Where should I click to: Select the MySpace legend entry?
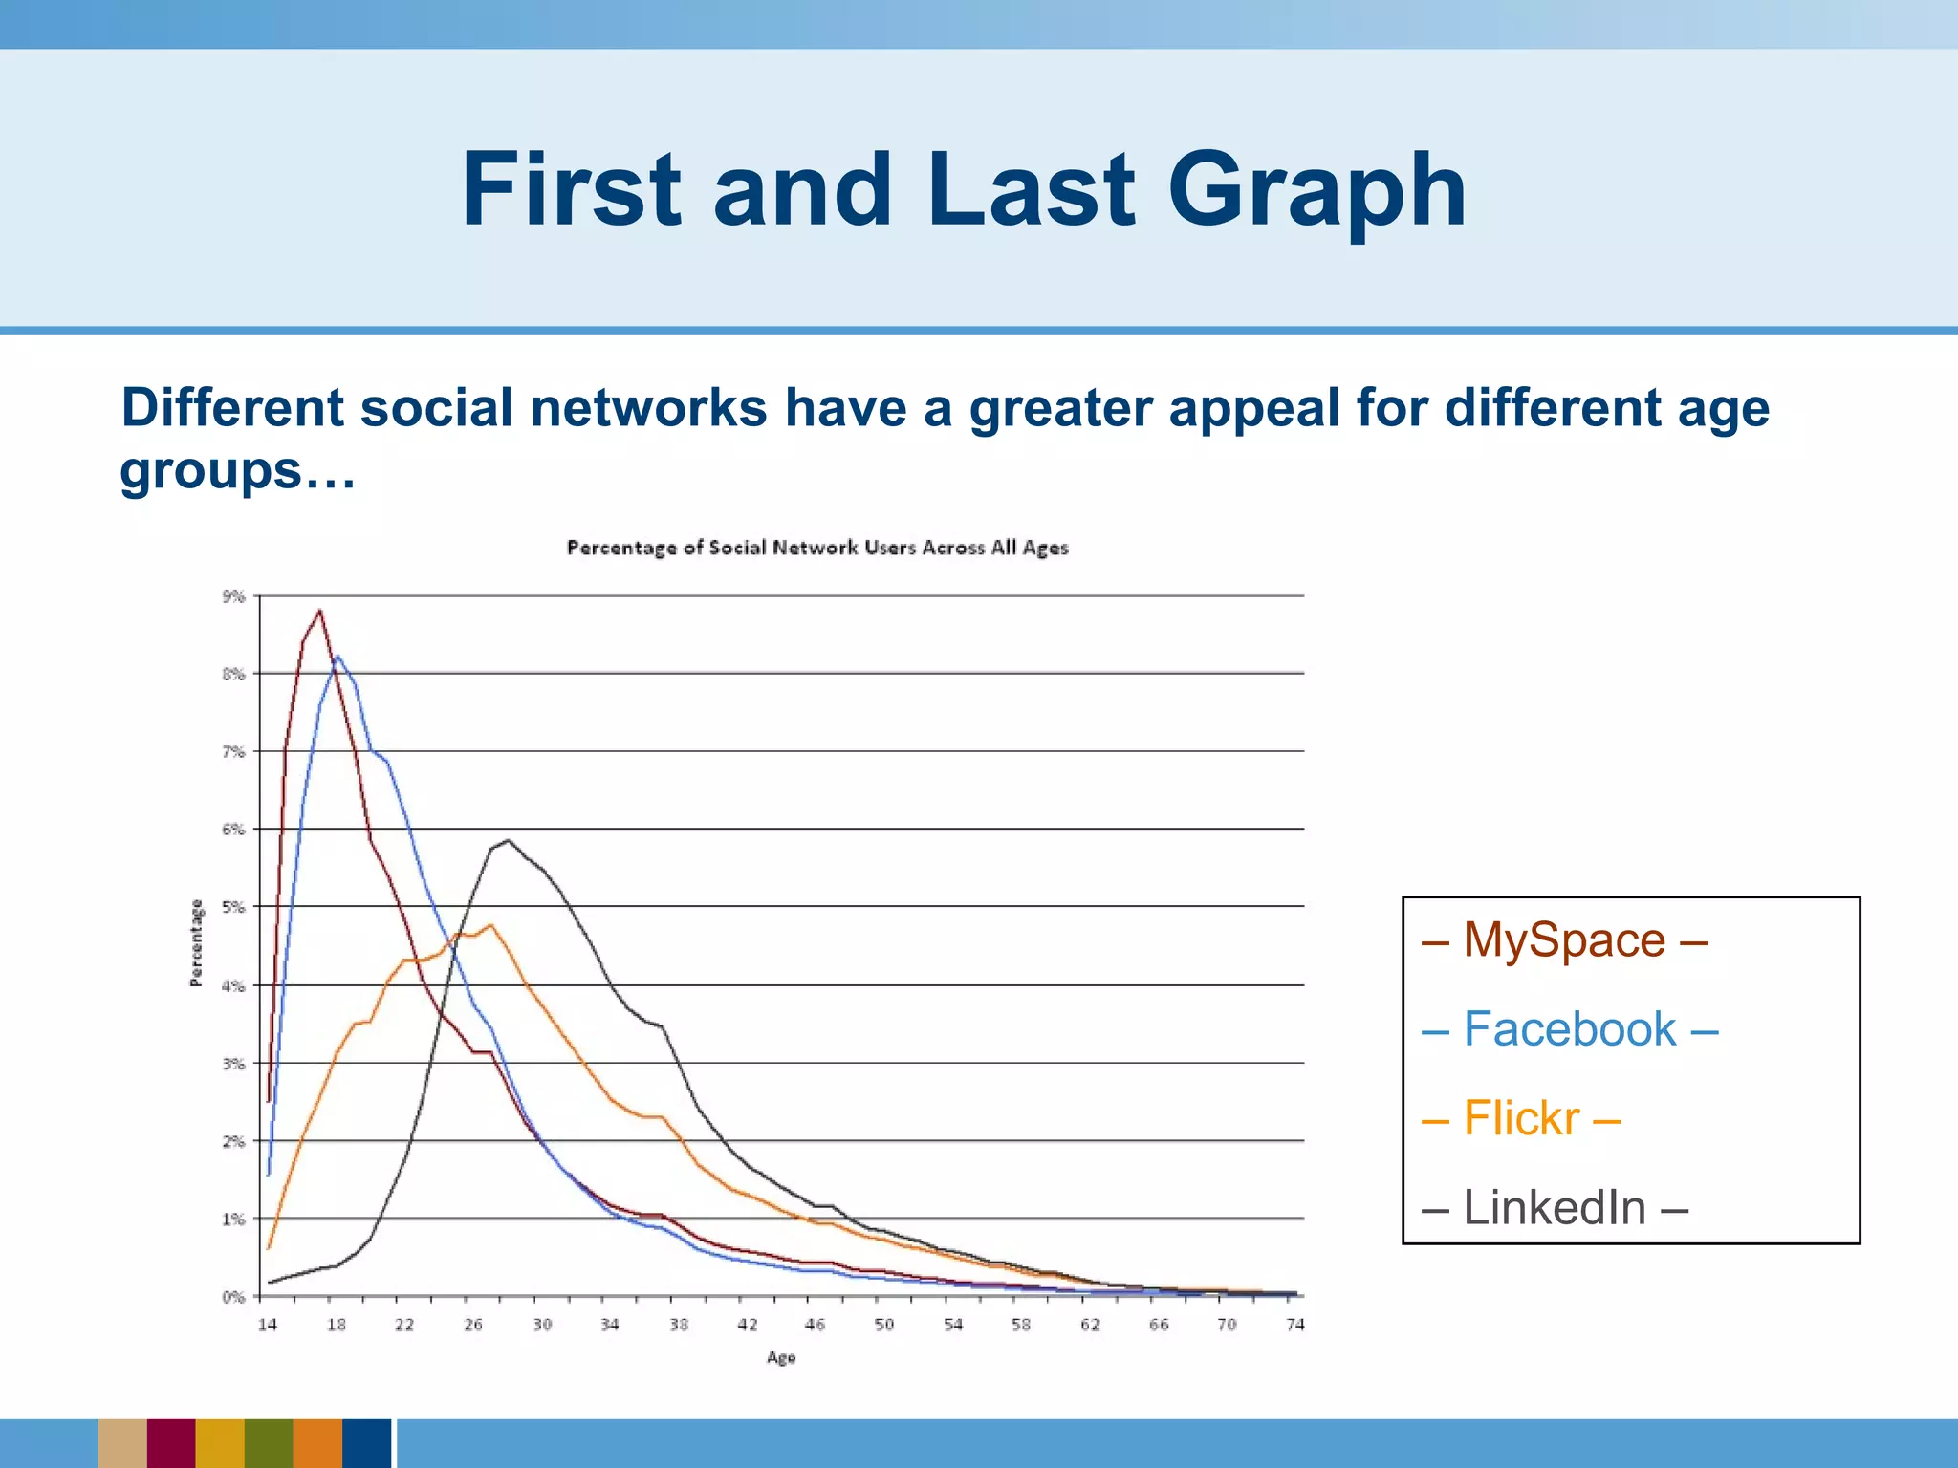pyautogui.click(x=1564, y=939)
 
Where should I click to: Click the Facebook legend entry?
pyautogui.click(x=1569, y=1029)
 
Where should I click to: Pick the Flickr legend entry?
pyautogui.click(x=1520, y=1118)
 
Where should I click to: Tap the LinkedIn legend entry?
pyautogui.click(x=1554, y=1207)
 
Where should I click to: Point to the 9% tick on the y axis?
pyautogui.click(x=234, y=596)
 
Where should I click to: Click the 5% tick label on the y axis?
pyautogui.click(x=234, y=907)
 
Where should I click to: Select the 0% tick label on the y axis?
pyautogui.click(x=234, y=1297)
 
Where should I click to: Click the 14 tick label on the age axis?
pyautogui.click(x=268, y=1325)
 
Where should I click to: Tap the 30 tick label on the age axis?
pyautogui.click(x=542, y=1325)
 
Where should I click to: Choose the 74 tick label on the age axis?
pyautogui.click(x=1294, y=1325)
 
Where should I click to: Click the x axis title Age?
pyautogui.click(x=780, y=1358)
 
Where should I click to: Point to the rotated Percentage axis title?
pyautogui.click(x=196, y=942)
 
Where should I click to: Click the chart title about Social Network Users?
pyautogui.click(x=817, y=548)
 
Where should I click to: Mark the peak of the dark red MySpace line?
pyautogui.click(x=319, y=611)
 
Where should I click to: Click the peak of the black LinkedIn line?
pyautogui.click(x=508, y=840)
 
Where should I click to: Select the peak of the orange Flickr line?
pyautogui.click(x=490, y=924)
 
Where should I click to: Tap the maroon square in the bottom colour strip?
pyautogui.click(x=171, y=1443)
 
